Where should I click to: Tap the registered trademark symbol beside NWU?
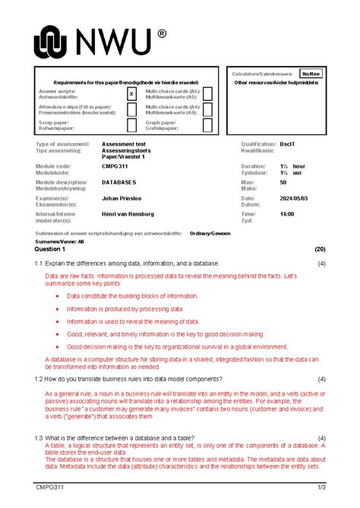pos(162,34)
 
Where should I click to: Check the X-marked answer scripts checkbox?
pos(131,93)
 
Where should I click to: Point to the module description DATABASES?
pos(119,182)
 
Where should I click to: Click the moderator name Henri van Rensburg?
pos(134,215)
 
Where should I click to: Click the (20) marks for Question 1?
pos(319,249)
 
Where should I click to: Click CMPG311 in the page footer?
pos(48,487)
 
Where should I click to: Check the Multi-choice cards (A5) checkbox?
pos(208,93)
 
